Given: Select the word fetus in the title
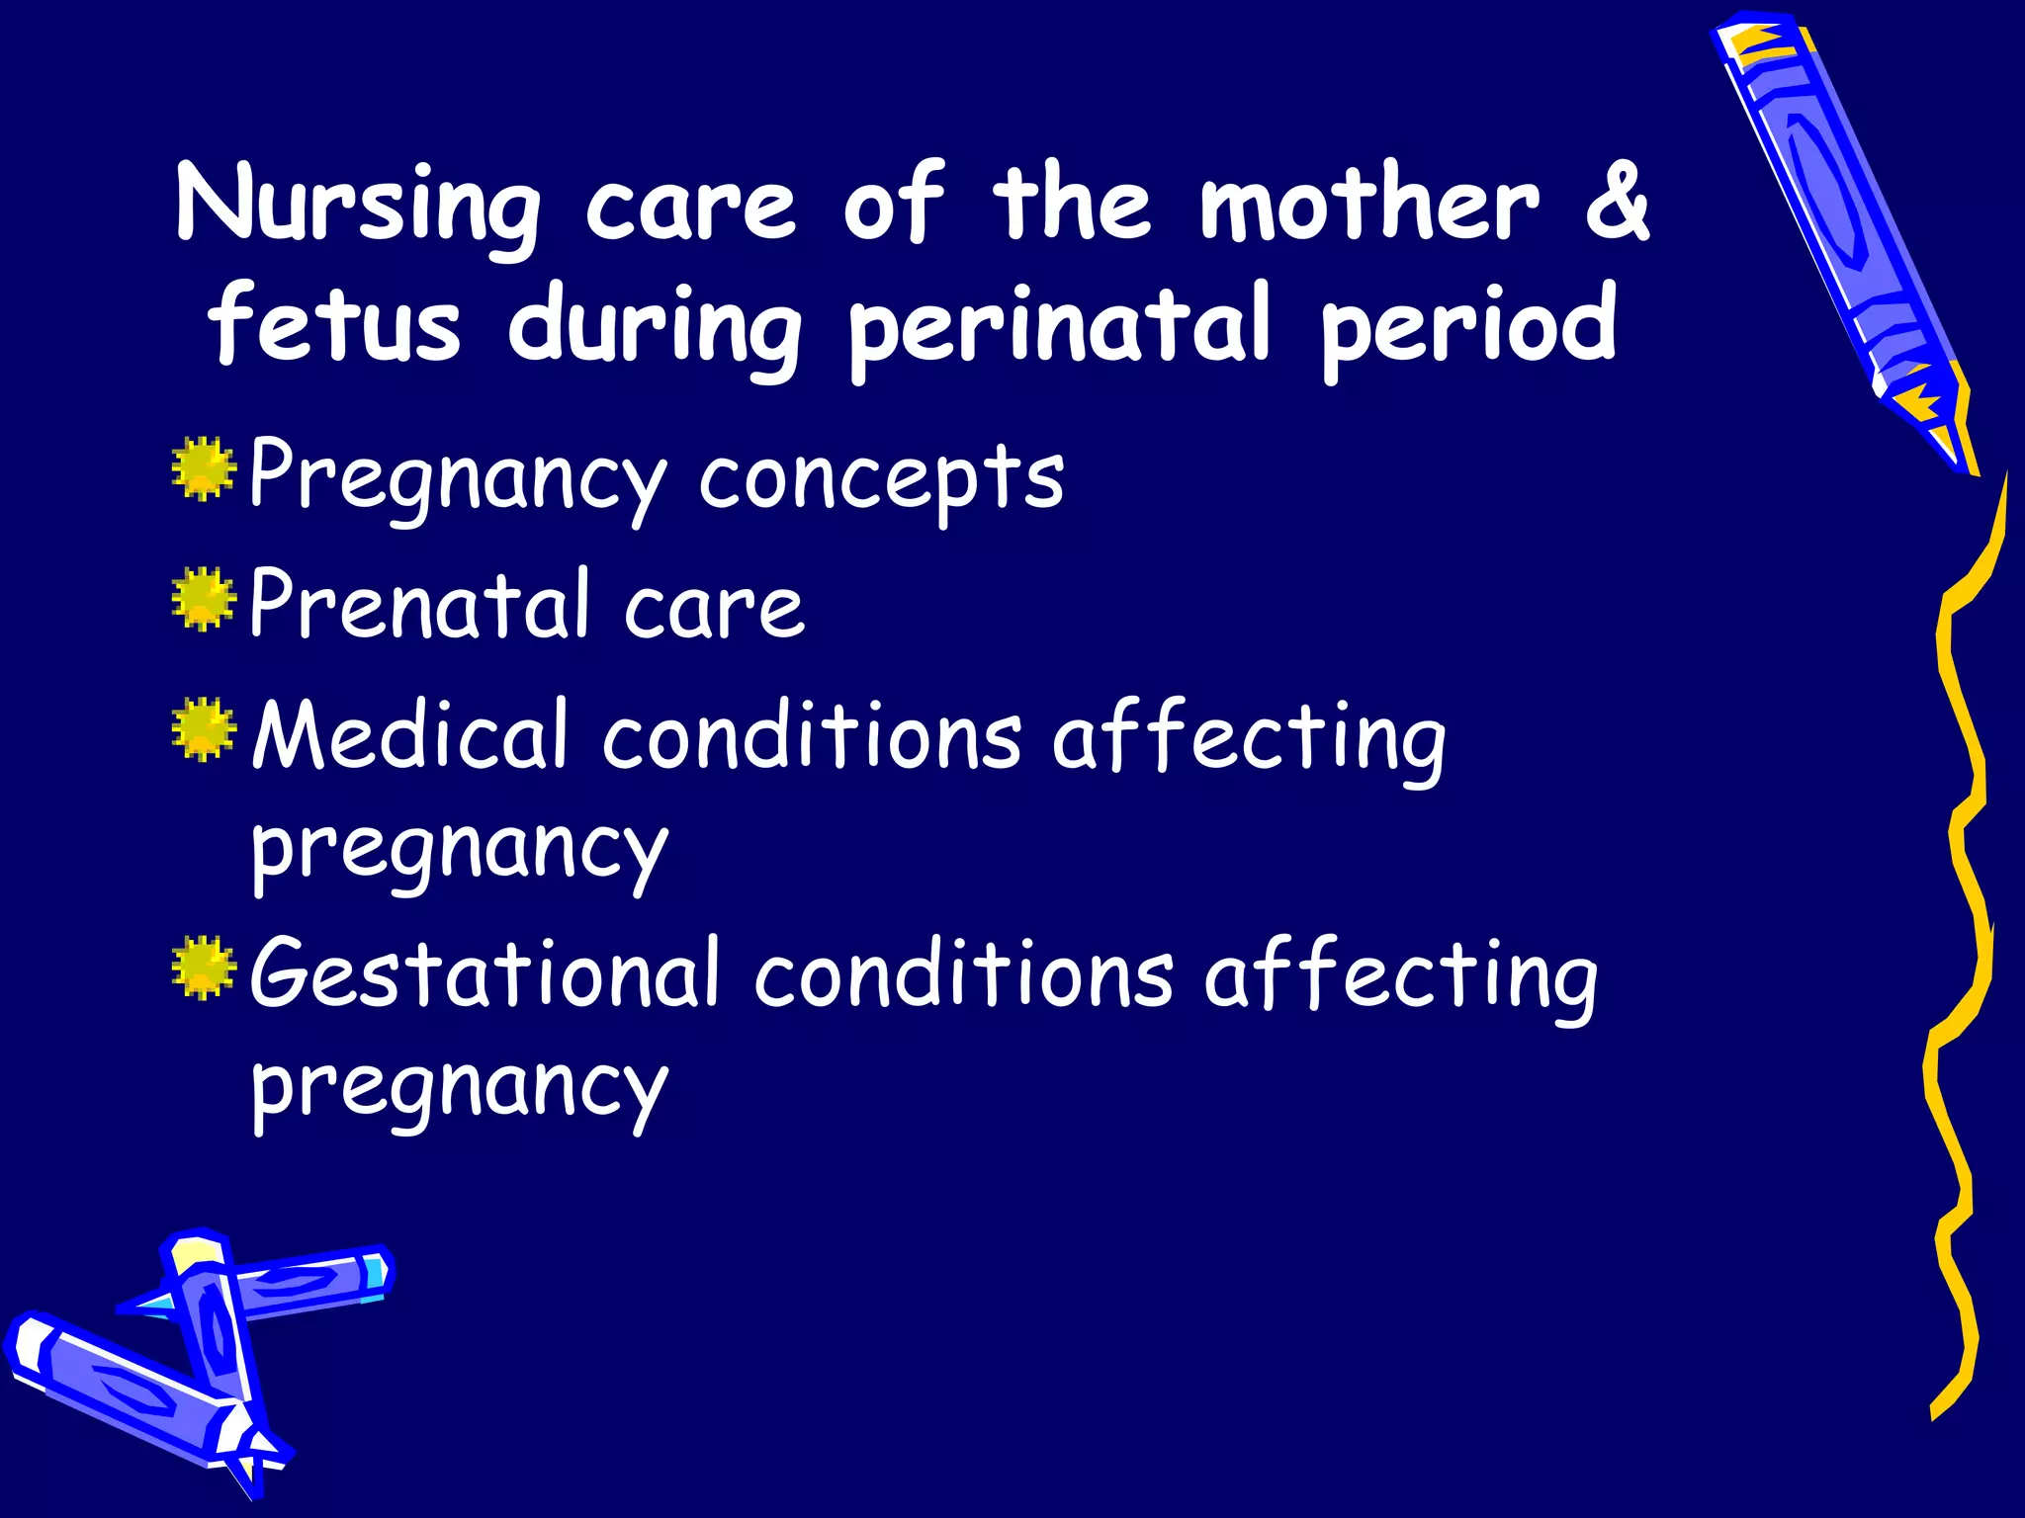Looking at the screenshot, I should [334, 326].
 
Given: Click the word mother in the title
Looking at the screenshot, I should [1370, 203].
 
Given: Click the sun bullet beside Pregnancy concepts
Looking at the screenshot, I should [204, 468].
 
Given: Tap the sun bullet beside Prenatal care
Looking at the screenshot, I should [204, 599].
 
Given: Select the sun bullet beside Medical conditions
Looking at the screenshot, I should [204, 729].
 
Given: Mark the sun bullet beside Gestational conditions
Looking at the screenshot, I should [204, 967].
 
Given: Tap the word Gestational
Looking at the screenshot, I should [484, 972].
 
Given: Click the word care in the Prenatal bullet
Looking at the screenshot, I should [714, 607].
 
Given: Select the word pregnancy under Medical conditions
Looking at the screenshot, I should [460, 850].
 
